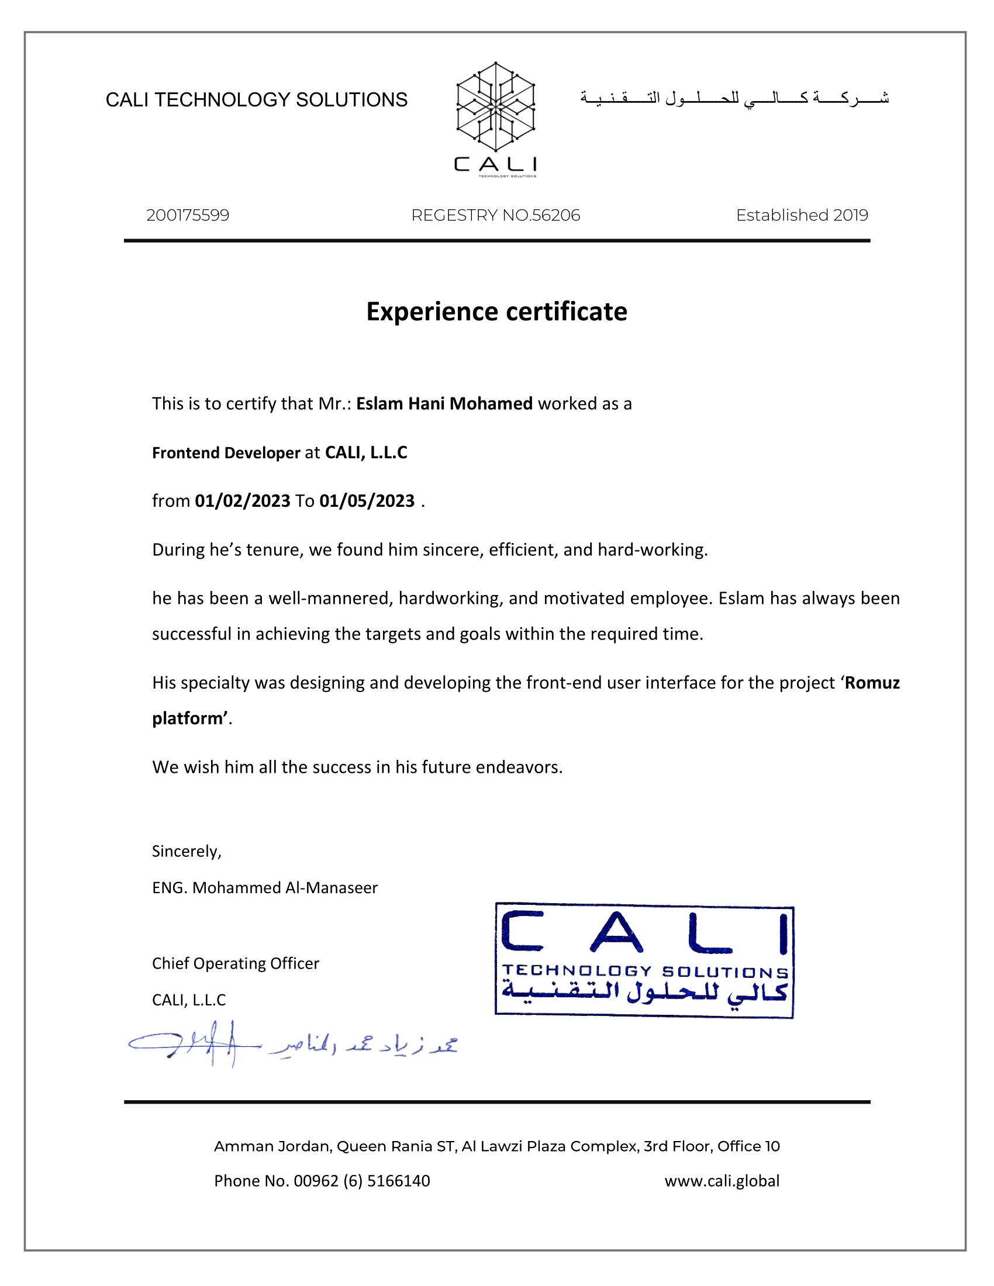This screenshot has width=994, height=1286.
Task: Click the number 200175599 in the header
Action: click(188, 216)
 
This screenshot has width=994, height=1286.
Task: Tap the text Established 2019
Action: click(802, 216)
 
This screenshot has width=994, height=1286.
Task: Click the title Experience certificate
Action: click(496, 312)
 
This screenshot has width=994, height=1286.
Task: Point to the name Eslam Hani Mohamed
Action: click(444, 404)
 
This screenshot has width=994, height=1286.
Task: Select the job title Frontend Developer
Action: click(226, 453)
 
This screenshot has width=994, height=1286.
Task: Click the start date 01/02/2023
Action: click(243, 501)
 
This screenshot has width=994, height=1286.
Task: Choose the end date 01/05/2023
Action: click(367, 501)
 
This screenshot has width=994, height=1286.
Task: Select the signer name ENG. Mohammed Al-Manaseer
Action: click(264, 888)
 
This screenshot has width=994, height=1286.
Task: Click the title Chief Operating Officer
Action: click(235, 963)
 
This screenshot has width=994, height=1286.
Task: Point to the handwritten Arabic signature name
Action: click(364, 1045)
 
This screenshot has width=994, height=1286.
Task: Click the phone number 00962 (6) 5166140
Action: click(361, 1181)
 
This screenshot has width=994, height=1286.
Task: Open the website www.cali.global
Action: click(722, 1181)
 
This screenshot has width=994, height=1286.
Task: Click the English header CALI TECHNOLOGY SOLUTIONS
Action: click(256, 100)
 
